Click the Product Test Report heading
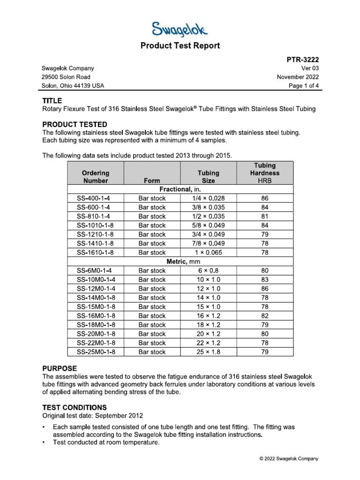click(x=180, y=45)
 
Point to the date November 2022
click(x=298, y=77)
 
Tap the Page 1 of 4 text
click(x=304, y=86)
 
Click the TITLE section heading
click(x=52, y=100)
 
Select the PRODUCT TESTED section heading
click(x=75, y=124)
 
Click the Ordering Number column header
click(x=96, y=177)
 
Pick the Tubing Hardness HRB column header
click(x=265, y=173)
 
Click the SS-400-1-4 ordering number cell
click(x=94, y=198)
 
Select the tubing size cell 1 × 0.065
click(x=208, y=253)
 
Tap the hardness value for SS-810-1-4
click(x=265, y=217)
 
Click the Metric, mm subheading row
click(x=180, y=262)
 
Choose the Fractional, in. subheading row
click(x=180, y=189)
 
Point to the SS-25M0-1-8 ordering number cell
click(x=96, y=352)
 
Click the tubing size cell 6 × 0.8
click(x=208, y=270)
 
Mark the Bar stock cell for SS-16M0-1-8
click(x=152, y=316)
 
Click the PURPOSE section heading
click(x=60, y=368)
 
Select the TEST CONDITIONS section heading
click(x=75, y=407)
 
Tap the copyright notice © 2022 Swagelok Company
click(x=289, y=459)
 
